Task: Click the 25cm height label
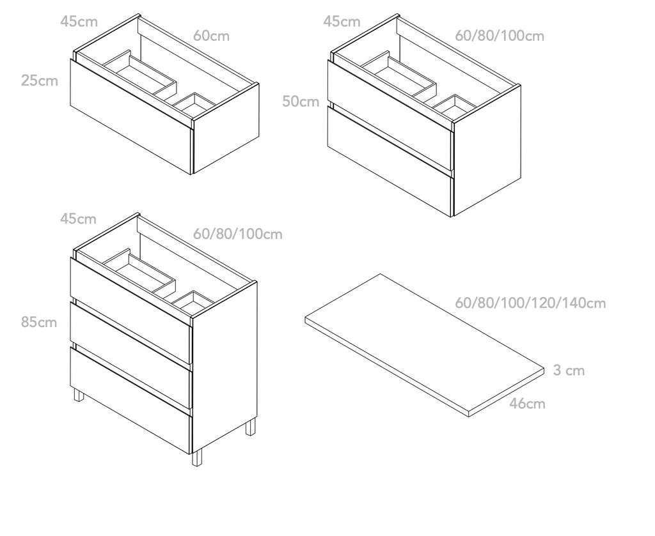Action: point(39,80)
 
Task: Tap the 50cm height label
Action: point(301,101)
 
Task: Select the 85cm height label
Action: point(39,322)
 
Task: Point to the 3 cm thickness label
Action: point(569,370)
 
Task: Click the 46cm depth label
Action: point(527,403)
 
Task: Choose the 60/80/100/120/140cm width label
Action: point(530,302)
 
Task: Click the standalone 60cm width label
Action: point(211,36)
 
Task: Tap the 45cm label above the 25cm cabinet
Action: point(79,21)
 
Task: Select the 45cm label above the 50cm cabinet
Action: point(342,21)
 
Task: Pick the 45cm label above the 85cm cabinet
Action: point(78,218)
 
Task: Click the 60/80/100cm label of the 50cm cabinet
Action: point(500,36)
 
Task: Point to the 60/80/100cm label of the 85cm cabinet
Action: point(238,234)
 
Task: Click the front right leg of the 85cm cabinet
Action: point(196,457)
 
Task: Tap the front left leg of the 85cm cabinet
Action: point(79,395)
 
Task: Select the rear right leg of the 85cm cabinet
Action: point(250,427)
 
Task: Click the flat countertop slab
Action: point(425,344)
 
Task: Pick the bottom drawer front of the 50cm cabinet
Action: point(390,161)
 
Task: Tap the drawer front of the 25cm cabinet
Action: point(130,116)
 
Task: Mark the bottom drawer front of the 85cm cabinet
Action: point(130,401)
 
